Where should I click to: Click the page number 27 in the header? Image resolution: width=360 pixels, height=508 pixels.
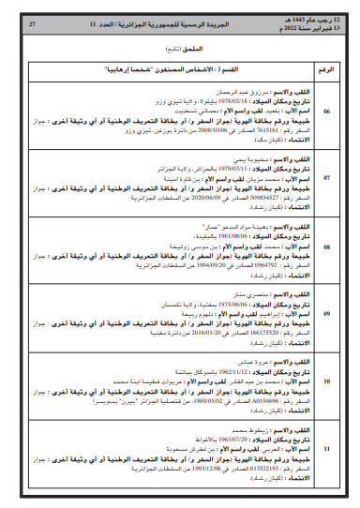(34, 19)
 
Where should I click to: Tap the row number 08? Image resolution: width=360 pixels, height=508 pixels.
(326, 247)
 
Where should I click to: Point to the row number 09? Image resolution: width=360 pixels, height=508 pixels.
(326, 313)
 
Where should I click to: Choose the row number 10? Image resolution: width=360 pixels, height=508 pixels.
(326, 381)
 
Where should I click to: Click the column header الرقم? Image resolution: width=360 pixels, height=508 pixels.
(326, 69)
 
